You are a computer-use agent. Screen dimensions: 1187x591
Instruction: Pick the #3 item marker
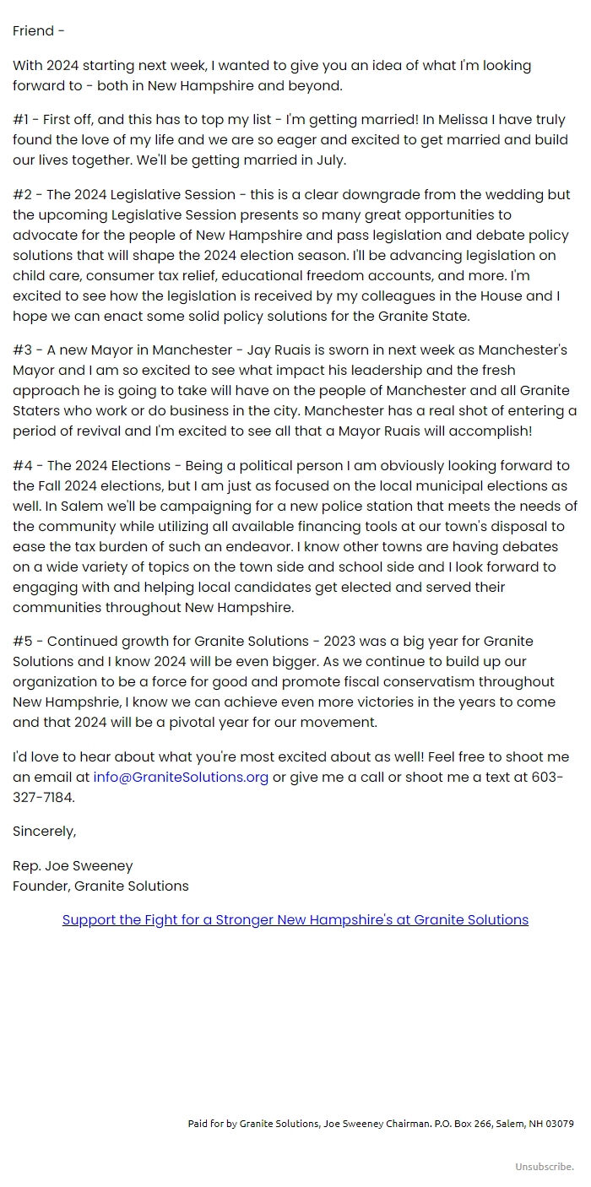point(23,350)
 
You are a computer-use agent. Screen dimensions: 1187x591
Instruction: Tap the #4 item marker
point(23,466)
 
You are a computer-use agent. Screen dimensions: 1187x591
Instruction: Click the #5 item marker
point(23,642)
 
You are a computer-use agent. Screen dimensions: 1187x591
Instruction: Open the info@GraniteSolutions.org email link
point(181,778)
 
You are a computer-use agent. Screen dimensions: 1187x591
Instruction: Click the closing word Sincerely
point(44,832)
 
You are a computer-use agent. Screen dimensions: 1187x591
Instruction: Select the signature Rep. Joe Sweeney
point(73,866)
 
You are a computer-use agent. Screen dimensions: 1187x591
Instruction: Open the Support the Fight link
point(295,920)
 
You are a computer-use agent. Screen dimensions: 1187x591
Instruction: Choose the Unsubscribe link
point(545,1167)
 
